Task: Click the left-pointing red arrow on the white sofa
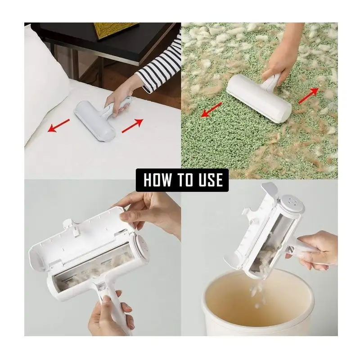coord(58,126)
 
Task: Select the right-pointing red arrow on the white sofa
coord(132,126)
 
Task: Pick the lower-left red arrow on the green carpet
coord(211,110)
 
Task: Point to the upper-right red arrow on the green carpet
coord(308,95)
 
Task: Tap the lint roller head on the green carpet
coord(259,98)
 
